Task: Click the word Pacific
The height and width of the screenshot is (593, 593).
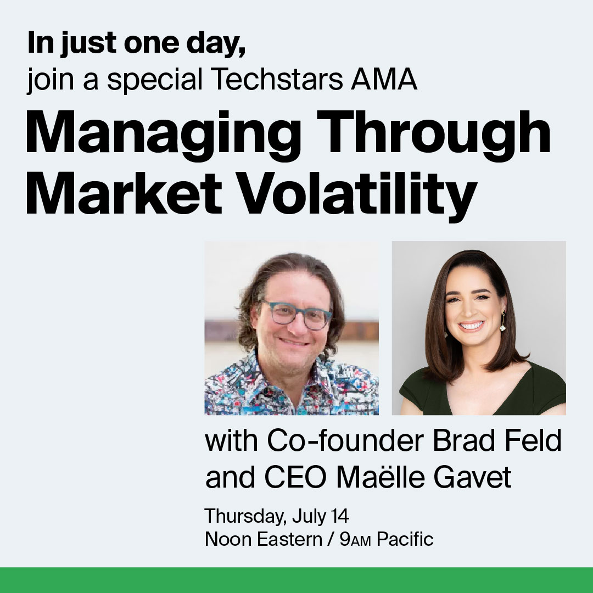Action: pos(405,539)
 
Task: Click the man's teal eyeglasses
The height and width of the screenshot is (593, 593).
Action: pos(296,315)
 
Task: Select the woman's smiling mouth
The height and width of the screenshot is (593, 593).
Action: pos(472,326)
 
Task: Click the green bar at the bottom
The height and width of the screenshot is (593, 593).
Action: pos(296,580)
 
